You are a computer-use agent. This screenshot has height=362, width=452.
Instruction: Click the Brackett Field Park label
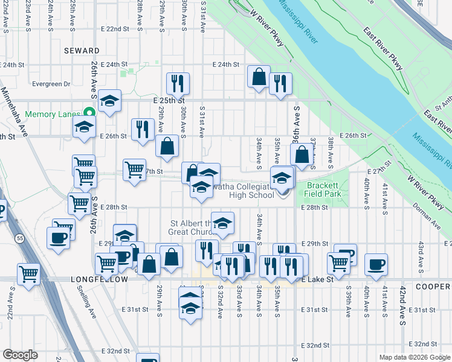(324, 189)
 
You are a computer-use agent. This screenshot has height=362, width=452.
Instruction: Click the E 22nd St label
(115, 29)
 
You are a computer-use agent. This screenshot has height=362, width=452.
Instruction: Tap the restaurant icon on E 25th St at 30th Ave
(178, 82)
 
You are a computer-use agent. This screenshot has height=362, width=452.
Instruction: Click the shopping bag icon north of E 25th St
(259, 77)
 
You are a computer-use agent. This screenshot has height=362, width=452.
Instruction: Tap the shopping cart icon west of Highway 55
(28, 273)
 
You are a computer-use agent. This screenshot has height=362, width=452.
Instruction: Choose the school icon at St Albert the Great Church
(222, 222)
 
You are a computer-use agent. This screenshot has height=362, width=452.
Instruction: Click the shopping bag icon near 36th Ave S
(301, 154)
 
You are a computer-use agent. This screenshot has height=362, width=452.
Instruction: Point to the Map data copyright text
(414, 357)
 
